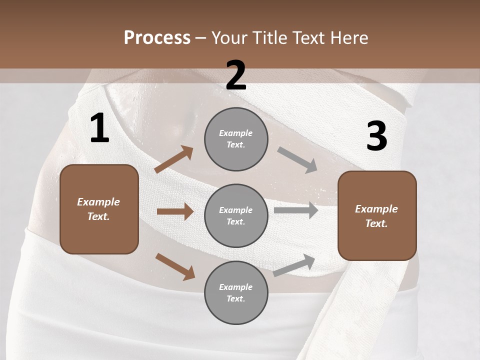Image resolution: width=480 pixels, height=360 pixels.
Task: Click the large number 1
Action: (x=99, y=128)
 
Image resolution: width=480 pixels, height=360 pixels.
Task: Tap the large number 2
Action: (x=236, y=75)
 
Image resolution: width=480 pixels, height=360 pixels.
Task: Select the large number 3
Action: (x=376, y=136)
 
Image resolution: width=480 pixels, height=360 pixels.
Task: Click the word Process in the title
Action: (x=157, y=37)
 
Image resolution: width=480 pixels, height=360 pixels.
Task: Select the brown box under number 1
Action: (x=99, y=209)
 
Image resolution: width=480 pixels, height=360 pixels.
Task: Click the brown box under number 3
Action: (x=377, y=215)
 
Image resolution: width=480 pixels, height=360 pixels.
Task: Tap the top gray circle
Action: (x=236, y=139)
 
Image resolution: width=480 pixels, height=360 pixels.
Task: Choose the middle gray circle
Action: (x=236, y=215)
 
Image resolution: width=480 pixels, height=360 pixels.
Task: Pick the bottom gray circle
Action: (x=236, y=292)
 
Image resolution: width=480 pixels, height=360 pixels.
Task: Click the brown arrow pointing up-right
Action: (x=174, y=159)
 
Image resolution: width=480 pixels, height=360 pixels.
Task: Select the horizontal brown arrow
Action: (x=175, y=211)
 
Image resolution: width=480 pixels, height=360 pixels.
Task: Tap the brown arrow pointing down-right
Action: (x=175, y=266)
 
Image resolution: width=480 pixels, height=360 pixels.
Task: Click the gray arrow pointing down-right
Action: (x=297, y=160)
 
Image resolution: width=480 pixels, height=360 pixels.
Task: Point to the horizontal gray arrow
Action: (x=295, y=210)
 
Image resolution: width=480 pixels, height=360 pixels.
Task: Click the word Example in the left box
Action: (x=98, y=202)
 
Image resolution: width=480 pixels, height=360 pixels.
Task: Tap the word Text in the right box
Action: (x=376, y=223)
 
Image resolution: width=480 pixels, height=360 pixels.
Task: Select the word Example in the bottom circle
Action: (x=236, y=287)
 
